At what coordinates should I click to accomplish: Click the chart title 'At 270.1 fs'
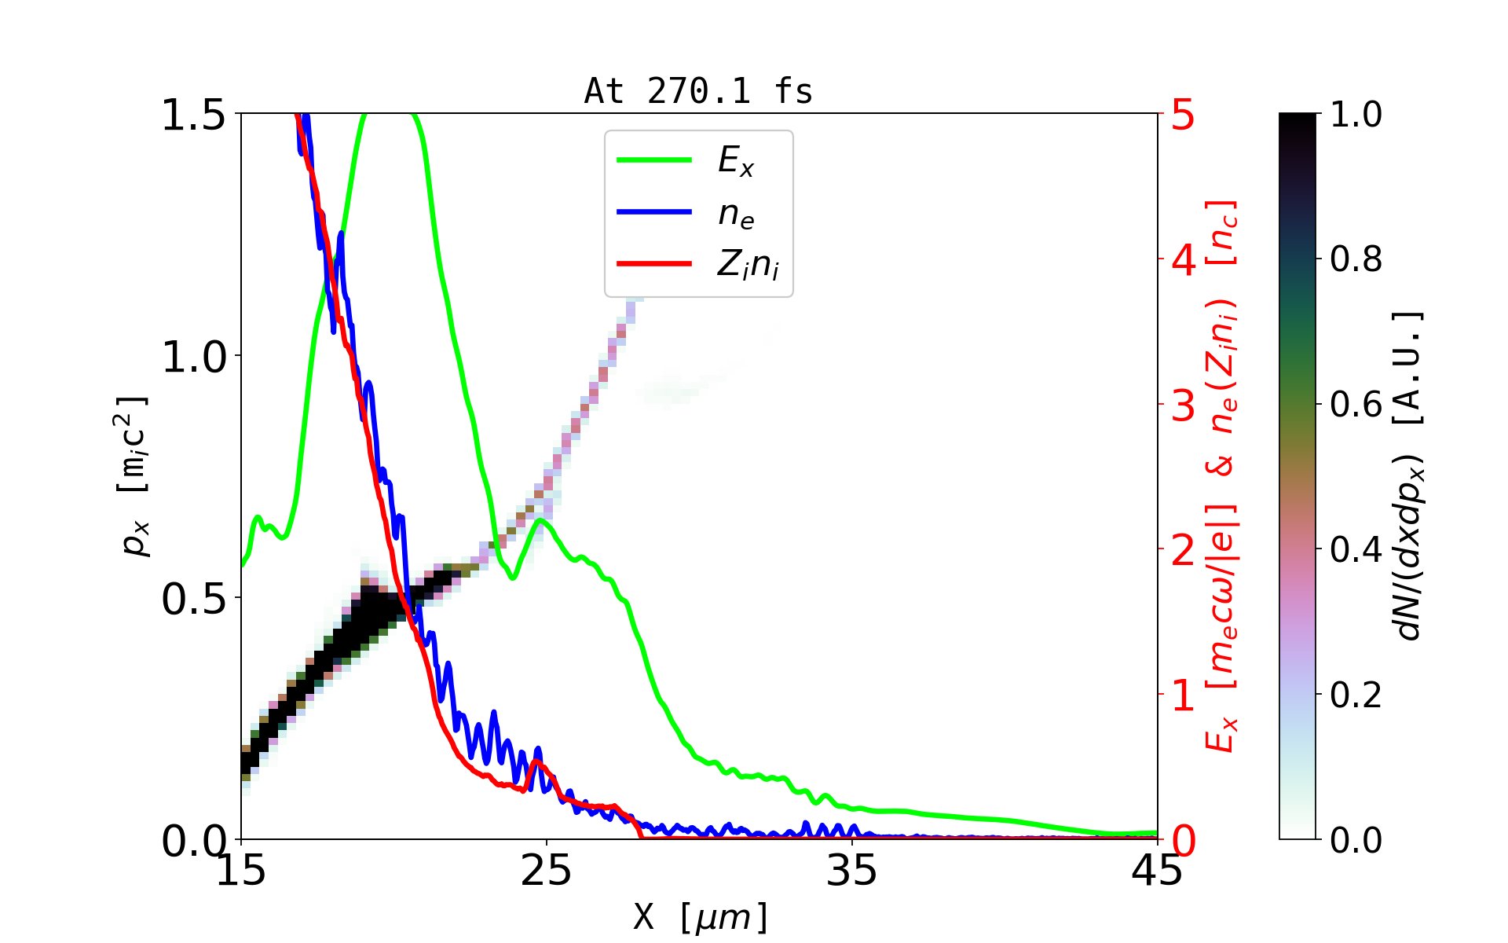(x=698, y=91)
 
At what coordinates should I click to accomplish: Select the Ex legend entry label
(x=735, y=161)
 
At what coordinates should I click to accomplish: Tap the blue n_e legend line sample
(x=653, y=212)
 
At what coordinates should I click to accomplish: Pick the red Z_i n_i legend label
(x=748, y=265)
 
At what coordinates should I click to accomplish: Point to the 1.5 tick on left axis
(x=193, y=115)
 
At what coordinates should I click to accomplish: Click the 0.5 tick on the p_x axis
(x=193, y=600)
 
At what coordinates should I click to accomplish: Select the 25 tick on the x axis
(x=547, y=871)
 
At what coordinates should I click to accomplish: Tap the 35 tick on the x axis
(x=852, y=871)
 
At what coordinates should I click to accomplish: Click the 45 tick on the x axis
(x=1157, y=871)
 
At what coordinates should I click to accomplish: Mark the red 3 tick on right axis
(x=1183, y=405)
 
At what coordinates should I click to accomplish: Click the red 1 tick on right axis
(x=1183, y=696)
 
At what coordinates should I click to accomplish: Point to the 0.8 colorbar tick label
(x=1356, y=259)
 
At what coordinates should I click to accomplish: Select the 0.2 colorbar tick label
(x=1356, y=695)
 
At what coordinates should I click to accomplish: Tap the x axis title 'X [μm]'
(x=700, y=916)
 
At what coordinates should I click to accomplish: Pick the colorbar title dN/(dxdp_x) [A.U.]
(x=1410, y=475)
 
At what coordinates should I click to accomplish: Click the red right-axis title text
(x=1221, y=475)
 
